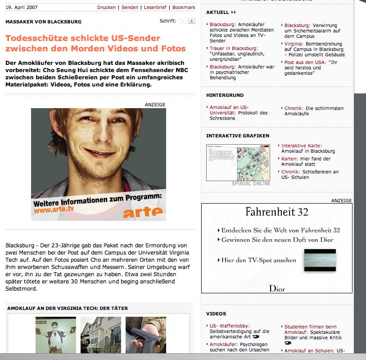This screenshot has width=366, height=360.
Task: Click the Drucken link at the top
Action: tap(106, 8)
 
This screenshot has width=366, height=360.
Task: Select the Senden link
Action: tap(130, 8)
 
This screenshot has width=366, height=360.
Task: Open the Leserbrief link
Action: tap(155, 8)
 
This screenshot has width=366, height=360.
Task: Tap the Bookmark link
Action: tap(184, 8)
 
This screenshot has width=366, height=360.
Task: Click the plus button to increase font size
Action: tap(191, 21)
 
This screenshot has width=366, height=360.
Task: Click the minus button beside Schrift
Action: tap(182, 21)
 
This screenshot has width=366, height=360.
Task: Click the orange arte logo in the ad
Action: tap(143, 212)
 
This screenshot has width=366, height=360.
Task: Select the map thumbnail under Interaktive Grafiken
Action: tap(238, 163)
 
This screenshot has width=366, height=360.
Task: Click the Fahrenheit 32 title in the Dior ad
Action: tap(277, 211)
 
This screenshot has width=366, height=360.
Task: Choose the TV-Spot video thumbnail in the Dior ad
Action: tap(320, 260)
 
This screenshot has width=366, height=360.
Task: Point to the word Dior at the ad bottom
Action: tap(277, 289)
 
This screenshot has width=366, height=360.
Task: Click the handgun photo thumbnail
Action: tap(145, 335)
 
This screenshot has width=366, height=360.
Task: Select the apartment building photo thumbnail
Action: tap(100, 335)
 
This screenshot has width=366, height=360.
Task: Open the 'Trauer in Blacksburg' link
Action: tap(234, 48)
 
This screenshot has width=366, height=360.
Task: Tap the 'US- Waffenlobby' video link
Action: tap(230, 326)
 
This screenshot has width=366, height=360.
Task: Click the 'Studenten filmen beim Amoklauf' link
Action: tap(311, 327)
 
